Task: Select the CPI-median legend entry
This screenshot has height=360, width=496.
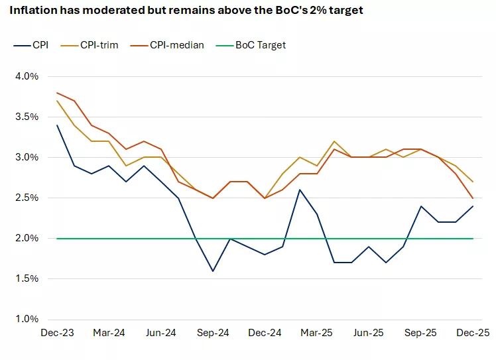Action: [x=176, y=45]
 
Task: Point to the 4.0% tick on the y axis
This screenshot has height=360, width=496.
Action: [x=27, y=76]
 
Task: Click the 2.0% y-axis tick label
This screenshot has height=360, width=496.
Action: [x=27, y=238]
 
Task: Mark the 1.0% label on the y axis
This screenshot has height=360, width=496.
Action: [x=27, y=319]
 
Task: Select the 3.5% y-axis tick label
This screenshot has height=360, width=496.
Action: [x=27, y=117]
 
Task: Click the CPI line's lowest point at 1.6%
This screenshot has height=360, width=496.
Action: [x=212, y=270]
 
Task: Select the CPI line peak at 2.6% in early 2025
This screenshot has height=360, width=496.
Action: [x=300, y=190]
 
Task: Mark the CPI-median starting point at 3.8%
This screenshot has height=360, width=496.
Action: [x=57, y=93]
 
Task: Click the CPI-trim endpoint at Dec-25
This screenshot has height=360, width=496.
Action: [x=471, y=182]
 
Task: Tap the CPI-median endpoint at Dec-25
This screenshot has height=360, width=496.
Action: [x=471, y=198]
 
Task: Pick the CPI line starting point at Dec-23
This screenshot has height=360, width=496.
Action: [x=57, y=125]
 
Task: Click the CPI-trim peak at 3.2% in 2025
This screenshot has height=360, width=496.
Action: [x=334, y=141]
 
